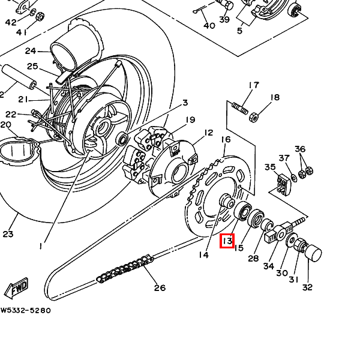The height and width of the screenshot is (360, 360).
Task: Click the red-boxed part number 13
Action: pyautogui.click(x=227, y=242)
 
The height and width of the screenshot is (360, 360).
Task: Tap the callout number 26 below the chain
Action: pyautogui.click(x=159, y=288)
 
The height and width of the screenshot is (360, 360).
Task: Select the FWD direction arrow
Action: pyautogui.click(x=16, y=288)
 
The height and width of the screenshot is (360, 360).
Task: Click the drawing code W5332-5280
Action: pyautogui.click(x=25, y=311)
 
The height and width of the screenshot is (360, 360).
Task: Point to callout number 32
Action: pyautogui.click(x=307, y=287)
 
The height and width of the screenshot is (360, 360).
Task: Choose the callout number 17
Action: pyautogui.click(x=254, y=85)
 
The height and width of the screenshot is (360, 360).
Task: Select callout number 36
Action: pyautogui.click(x=300, y=149)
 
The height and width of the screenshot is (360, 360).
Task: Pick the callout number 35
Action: pyautogui.click(x=270, y=167)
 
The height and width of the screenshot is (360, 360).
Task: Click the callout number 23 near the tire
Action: pyautogui.click(x=7, y=234)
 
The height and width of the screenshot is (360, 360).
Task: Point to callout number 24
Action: pyautogui.click(x=30, y=51)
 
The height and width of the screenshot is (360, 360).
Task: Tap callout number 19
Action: pyautogui.click(x=190, y=120)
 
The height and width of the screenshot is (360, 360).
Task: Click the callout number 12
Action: pyautogui.click(x=208, y=133)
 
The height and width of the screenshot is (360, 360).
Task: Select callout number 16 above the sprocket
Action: pyautogui.click(x=226, y=140)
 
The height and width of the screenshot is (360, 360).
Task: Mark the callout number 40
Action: pyautogui.click(x=209, y=26)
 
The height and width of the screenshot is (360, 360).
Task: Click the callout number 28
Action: pyautogui.click(x=253, y=258)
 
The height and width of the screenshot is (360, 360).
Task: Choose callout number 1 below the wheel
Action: pyautogui.click(x=41, y=246)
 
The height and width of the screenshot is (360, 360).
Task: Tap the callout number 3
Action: pyautogui.click(x=185, y=103)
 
